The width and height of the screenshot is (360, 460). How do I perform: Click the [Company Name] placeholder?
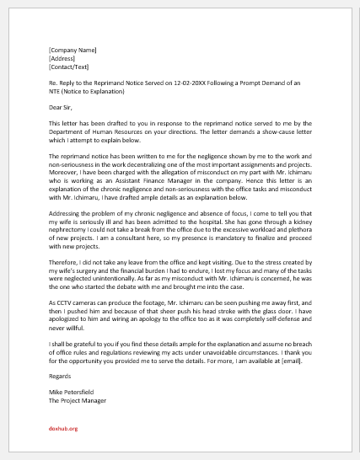click(x=72, y=51)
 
